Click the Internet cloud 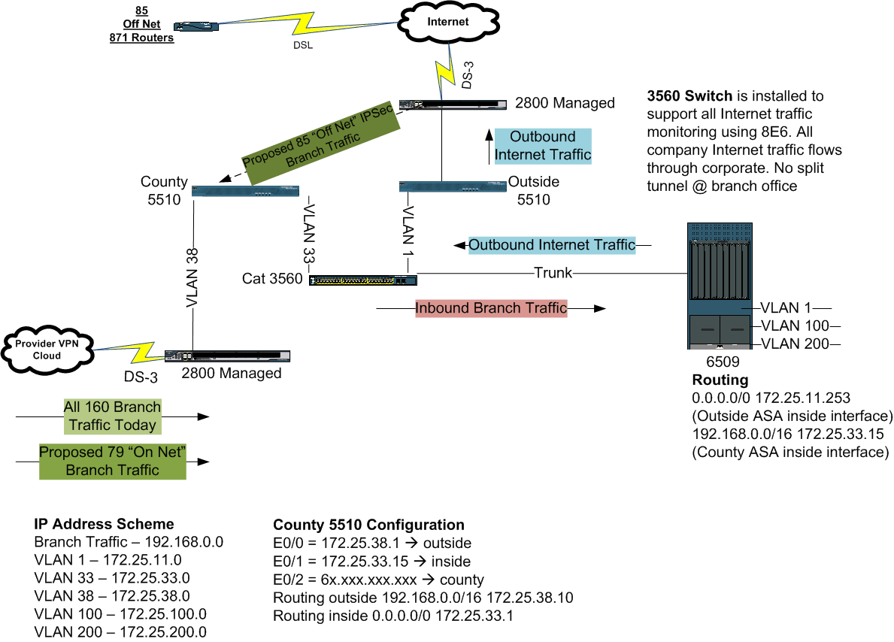[x=448, y=23]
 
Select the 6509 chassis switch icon [x=720, y=285]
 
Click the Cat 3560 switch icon [x=362, y=280]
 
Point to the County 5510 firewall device [x=245, y=192]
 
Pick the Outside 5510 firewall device [x=453, y=186]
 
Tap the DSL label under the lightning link [x=302, y=44]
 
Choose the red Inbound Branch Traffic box [x=491, y=308]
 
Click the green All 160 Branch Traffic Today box [x=112, y=416]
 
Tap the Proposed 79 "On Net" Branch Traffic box [x=112, y=461]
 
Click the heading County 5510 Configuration [x=368, y=525]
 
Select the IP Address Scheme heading [x=104, y=524]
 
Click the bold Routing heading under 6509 [x=720, y=380]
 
